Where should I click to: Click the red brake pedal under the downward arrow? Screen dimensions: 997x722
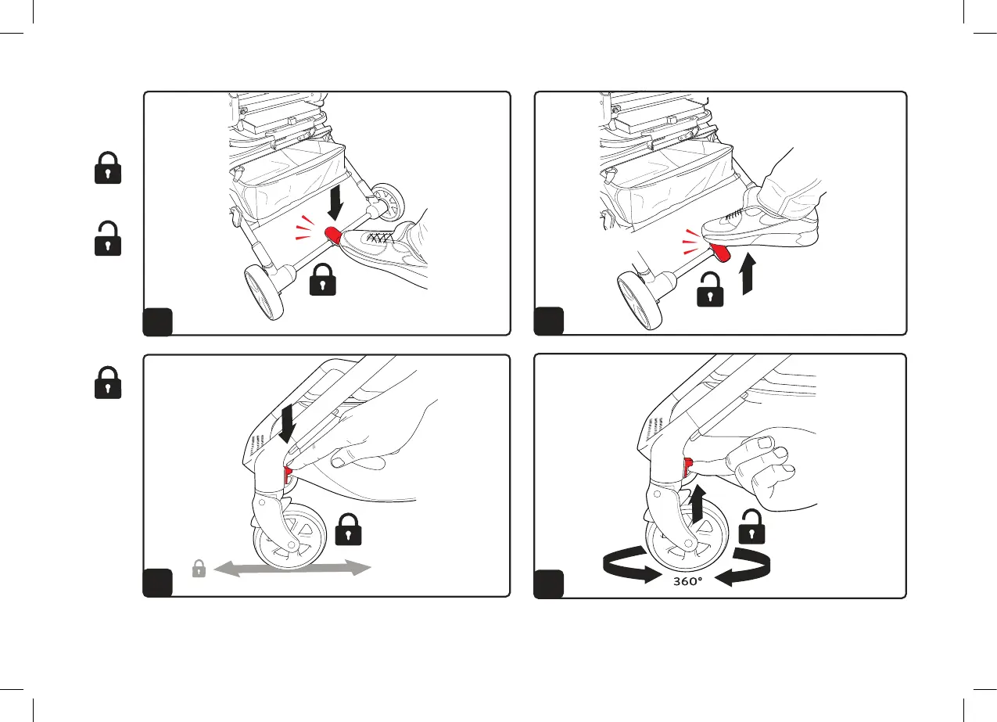(332, 233)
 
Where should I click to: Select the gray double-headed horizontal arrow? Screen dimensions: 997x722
(292, 569)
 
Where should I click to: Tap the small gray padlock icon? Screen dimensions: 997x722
(199, 569)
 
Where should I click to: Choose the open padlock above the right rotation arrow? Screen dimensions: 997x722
(750, 526)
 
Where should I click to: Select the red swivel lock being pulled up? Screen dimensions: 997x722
(689, 469)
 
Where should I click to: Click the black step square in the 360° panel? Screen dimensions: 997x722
(548, 584)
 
